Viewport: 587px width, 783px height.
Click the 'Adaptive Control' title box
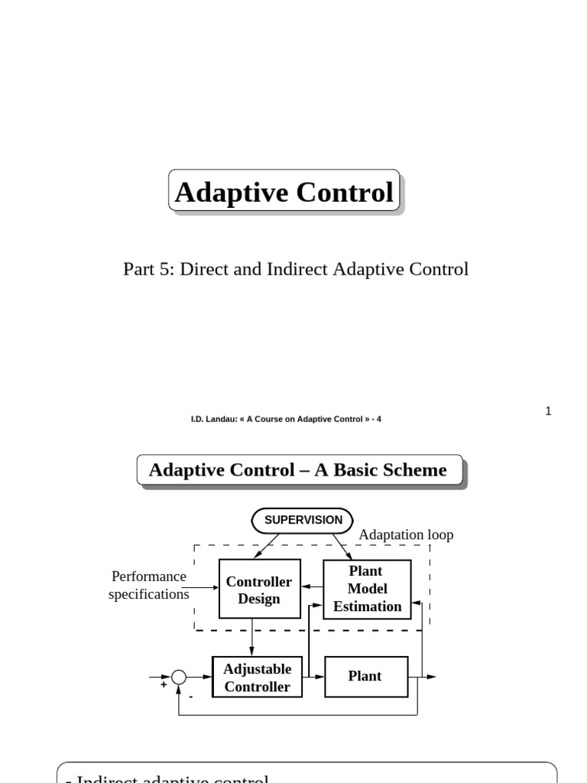(x=284, y=191)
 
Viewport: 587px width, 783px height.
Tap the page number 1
(x=548, y=411)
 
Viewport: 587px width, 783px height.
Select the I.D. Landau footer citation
(x=286, y=419)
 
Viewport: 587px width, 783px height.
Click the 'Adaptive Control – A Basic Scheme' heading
(x=298, y=470)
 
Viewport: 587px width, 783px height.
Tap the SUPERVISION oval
(x=303, y=520)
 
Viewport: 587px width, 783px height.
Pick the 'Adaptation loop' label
(x=406, y=534)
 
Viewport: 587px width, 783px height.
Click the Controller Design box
(x=259, y=590)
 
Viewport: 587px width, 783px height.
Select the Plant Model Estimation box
(x=367, y=589)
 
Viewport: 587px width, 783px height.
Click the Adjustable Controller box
(x=257, y=677)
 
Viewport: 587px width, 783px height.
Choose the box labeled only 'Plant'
(x=365, y=677)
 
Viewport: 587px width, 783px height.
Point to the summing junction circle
(x=179, y=677)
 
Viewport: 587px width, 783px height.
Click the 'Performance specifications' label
(x=149, y=585)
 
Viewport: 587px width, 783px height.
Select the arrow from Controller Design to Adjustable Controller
(x=252, y=637)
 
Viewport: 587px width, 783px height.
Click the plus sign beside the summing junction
(x=163, y=685)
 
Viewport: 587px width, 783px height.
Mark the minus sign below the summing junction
(x=190, y=697)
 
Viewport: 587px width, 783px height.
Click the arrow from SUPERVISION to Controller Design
(x=267, y=546)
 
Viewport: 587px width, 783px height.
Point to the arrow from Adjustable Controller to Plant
(x=314, y=677)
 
